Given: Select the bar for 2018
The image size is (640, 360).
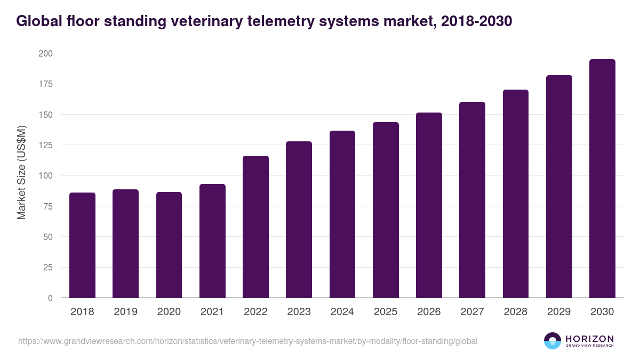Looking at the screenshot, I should pyautogui.click(x=82, y=245).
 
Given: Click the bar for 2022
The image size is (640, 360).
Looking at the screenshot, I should pyautogui.click(x=255, y=227).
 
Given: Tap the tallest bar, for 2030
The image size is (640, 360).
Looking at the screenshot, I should pyautogui.click(x=602, y=179).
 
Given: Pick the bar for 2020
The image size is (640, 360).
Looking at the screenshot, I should pyautogui.click(x=169, y=245).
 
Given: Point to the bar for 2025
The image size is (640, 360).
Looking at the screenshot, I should pyautogui.click(x=386, y=210).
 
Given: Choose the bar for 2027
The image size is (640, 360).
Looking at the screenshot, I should pyautogui.click(x=472, y=200).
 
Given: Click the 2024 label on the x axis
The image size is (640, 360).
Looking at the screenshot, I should pyautogui.click(x=342, y=312).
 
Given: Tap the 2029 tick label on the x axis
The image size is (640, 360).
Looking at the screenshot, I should pyautogui.click(x=559, y=312).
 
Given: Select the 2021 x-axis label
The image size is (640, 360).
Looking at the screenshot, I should pyautogui.click(x=212, y=312).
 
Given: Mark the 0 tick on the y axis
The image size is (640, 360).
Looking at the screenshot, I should pyautogui.click(x=50, y=298).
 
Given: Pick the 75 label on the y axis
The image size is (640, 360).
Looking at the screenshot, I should pyautogui.click(x=47, y=206).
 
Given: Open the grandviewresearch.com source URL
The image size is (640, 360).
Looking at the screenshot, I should pyautogui.click(x=247, y=341).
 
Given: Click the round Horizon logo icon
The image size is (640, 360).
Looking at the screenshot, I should pyautogui.click(x=553, y=341).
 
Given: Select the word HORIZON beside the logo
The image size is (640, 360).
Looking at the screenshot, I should pyautogui.click(x=589, y=338).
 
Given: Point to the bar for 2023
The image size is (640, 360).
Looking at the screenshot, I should pyautogui.click(x=299, y=220).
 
